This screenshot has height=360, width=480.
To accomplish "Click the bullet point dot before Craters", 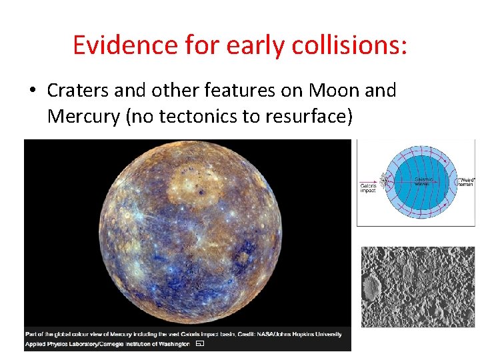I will [x=33, y=91].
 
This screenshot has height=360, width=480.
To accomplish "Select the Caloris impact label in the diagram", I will [x=368, y=187].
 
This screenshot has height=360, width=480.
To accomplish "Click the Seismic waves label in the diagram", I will [x=425, y=181].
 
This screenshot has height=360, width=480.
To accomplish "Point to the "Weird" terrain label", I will [x=465, y=181].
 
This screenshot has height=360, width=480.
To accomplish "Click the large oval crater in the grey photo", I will [x=373, y=287].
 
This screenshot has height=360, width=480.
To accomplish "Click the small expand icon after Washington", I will [x=199, y=344].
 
